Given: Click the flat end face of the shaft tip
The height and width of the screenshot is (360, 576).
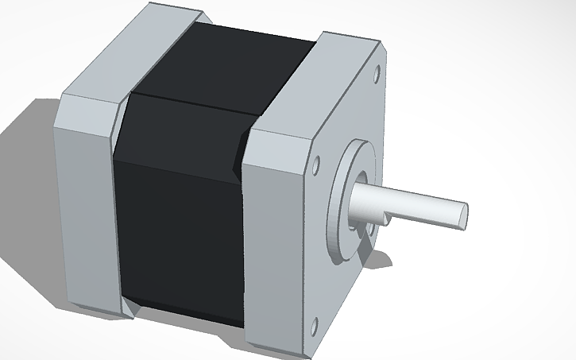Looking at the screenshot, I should (x=463, y=215).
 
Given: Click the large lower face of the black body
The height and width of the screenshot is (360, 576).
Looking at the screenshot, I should (x=179, y=230).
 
